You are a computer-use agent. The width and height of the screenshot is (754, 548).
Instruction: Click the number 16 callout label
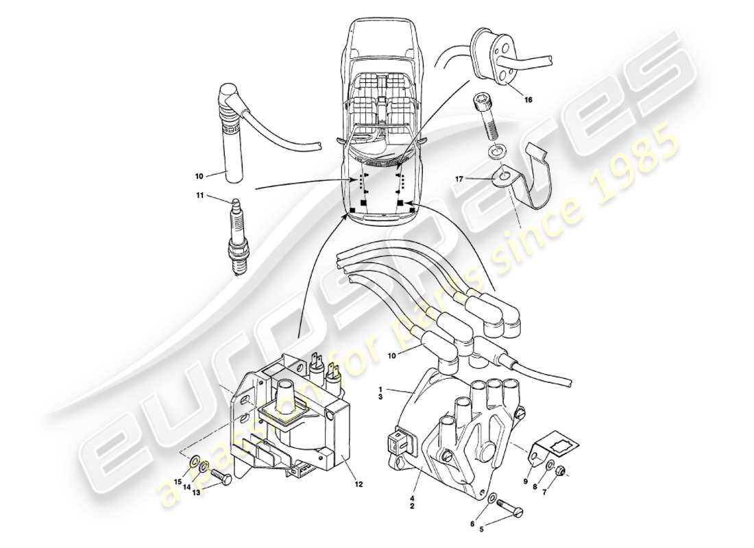pos(528,100)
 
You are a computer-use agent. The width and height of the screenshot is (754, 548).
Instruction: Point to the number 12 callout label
pos(359,484)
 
